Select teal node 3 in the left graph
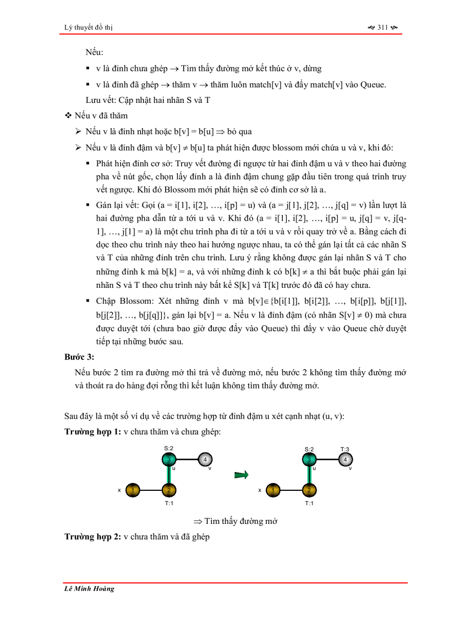point(169,458)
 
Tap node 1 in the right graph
point(274,489)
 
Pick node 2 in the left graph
point(169,489)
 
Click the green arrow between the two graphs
point(240,474)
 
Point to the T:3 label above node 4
point(344,449)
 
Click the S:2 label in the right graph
point(309,449)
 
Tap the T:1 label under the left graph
point(169,503)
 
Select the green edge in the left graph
point(169,474)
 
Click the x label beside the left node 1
point(119,489)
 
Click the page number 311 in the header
point(383,27)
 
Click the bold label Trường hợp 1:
point(92,432)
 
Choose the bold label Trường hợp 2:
point(92,537)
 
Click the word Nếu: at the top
point(95,52)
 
